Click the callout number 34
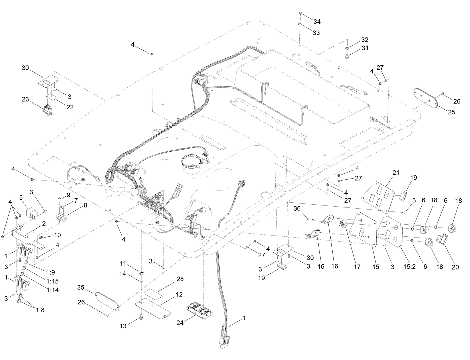[x=317, y=22]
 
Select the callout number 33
[x=316, y=33]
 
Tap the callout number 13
[x=123, y=326]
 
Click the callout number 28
[x=180, y=279]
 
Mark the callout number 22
[x=70, y=107]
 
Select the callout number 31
[x=365, y=48]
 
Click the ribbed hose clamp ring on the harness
[x=192, y=163]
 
